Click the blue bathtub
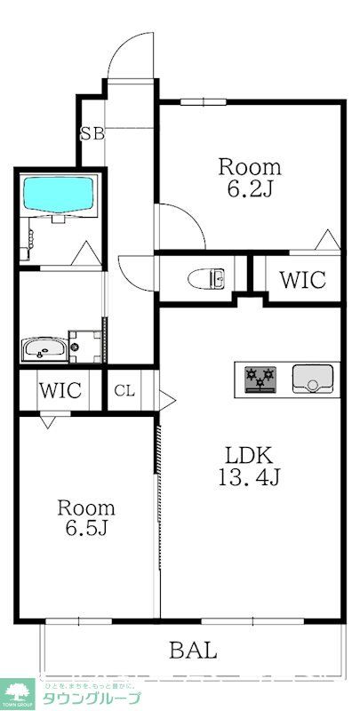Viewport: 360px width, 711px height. click(59, 195)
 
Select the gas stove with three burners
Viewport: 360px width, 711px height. click(262, 378)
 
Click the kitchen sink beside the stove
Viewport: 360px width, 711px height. click(312, 378)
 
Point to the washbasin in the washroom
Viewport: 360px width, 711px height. click(42, 348)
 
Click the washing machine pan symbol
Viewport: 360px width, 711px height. click(85, 346)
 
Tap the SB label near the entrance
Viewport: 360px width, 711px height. click(92, 135)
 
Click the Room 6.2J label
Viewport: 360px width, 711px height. click(250, 177)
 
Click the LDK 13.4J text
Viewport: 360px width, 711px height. click(249, 464)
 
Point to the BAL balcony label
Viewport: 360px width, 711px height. click(193, 650)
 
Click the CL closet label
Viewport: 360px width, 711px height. click(124, 390)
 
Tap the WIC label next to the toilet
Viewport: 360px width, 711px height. click(302, 279)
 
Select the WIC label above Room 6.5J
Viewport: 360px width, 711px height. click(60, 390)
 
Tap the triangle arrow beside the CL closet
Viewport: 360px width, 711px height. click(164, 396)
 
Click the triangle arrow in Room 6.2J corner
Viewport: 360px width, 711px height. click(327, 239)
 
